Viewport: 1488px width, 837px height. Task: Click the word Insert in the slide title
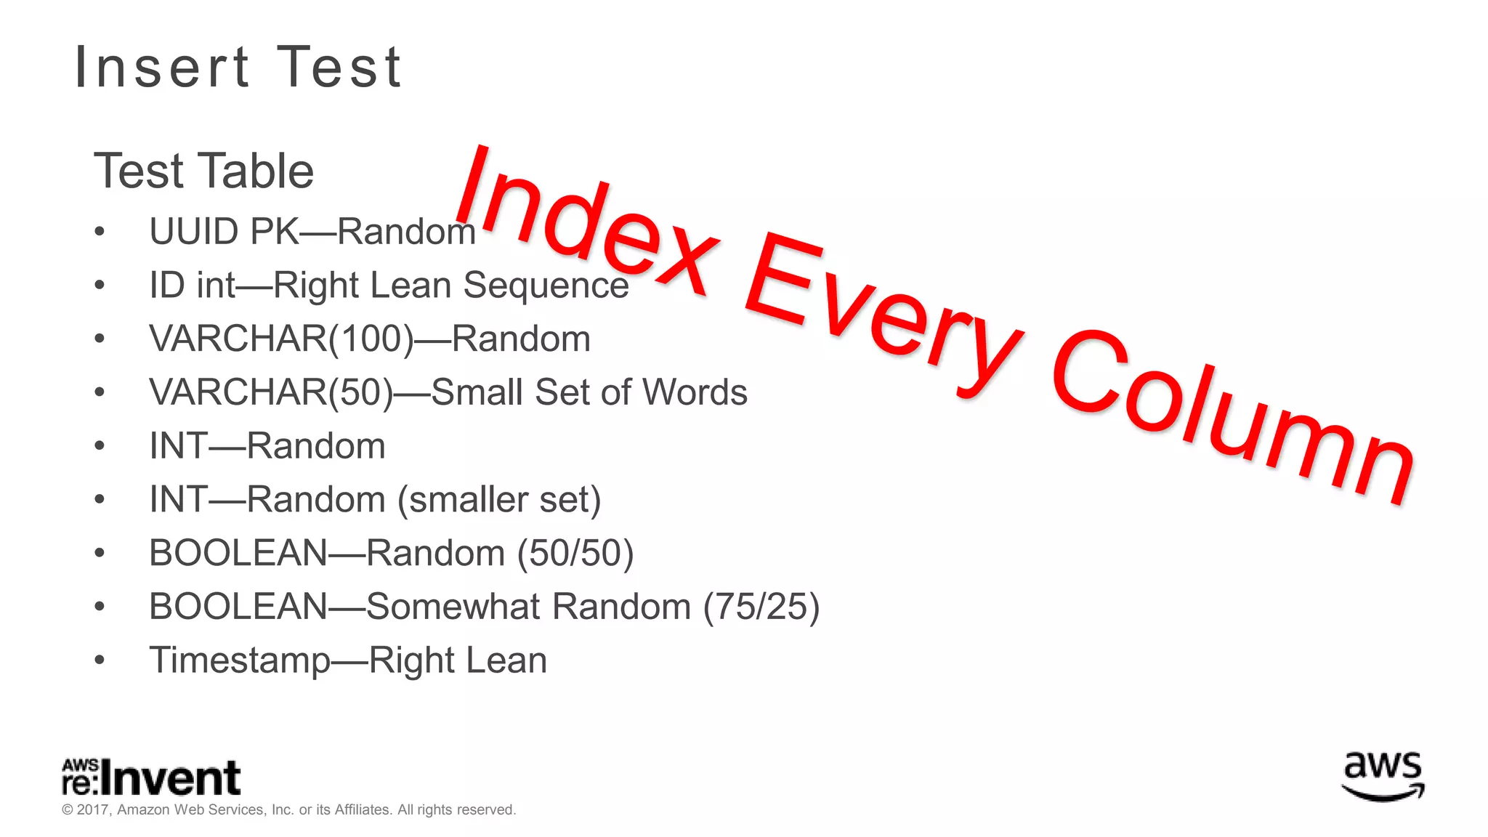click(163, 68)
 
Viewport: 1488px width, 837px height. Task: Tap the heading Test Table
click(204, 171)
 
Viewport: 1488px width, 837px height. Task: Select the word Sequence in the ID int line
click(546, 285)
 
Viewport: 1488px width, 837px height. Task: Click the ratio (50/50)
click(575, 553)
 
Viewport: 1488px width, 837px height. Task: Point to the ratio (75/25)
click(761, 607)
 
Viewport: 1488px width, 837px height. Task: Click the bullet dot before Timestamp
click(100, 660)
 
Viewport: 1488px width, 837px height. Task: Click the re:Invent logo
click(151, 777)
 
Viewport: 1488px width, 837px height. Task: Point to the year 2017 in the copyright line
click(92, 810)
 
